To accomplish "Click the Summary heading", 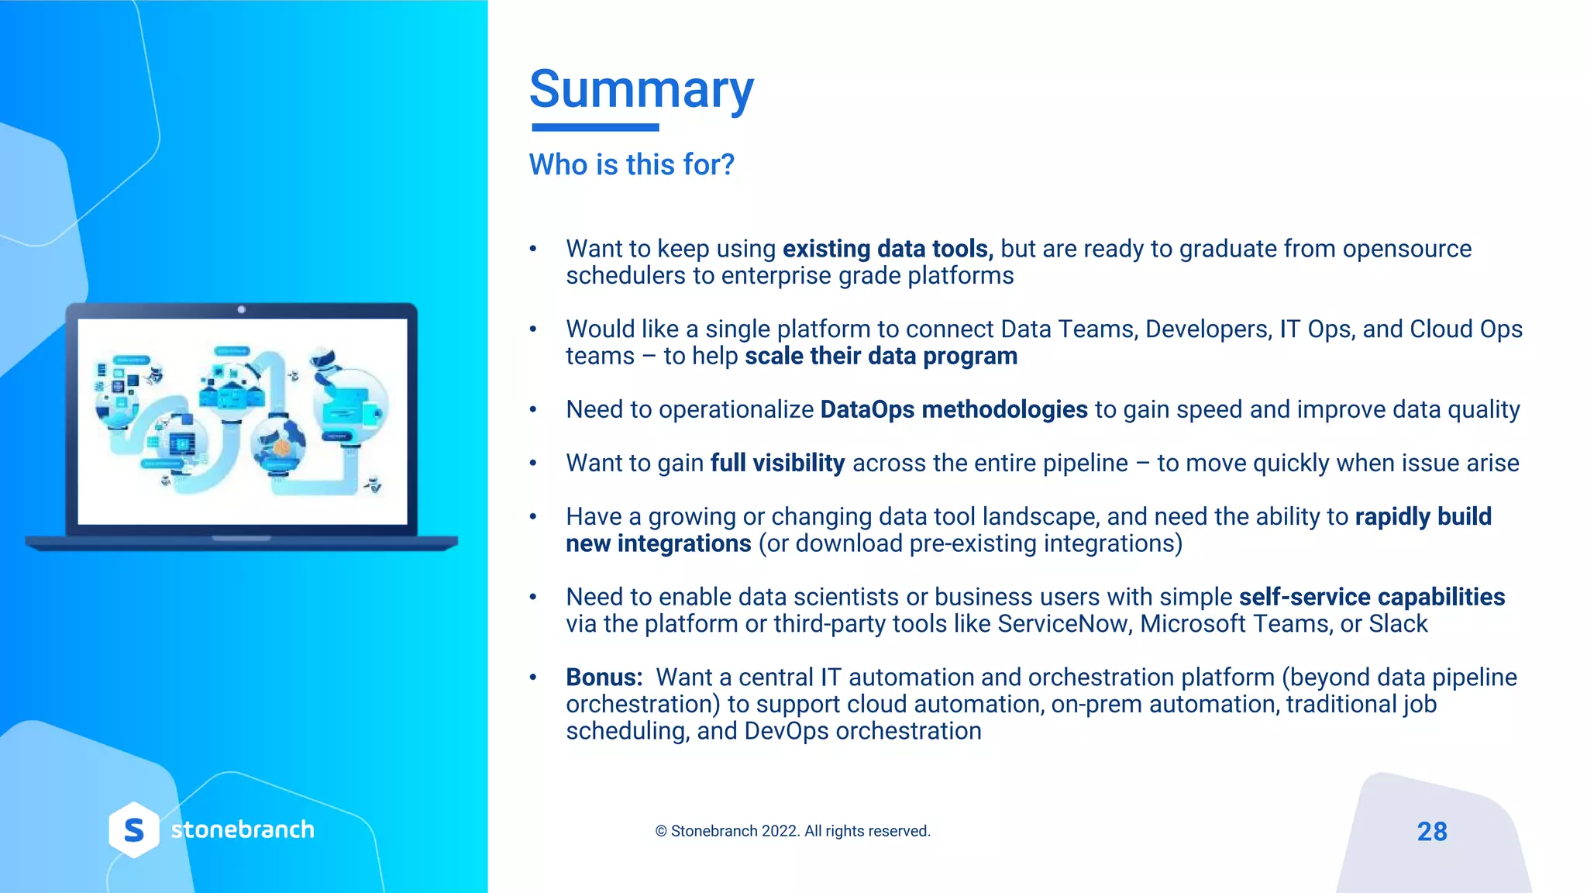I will (x=641, y=89).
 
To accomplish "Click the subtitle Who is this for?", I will (x=631, y=164).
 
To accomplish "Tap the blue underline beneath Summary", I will (x=595, y=127).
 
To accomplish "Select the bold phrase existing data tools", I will (x=887, y=249).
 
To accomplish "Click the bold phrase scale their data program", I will (x=881, y=356).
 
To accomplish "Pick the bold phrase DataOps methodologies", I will (x=954, y=409).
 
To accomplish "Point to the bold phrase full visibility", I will (x=777, y=463).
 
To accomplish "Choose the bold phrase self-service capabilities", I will (x=1372, y=597).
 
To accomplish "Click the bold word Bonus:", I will (x=604, y=678).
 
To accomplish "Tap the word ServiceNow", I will (x=1062, y=624).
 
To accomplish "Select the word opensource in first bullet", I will (x=1406, y=249).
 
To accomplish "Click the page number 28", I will (x=1432, y=832).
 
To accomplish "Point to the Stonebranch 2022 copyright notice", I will (x=793, y=831).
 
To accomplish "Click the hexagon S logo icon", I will (x=134, y=830).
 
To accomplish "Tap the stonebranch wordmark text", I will (x=243, y=829).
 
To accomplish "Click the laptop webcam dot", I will (x=242, y=309).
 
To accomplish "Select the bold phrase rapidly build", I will (x=1423, y=516).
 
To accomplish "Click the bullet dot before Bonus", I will (x=533, y=678).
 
